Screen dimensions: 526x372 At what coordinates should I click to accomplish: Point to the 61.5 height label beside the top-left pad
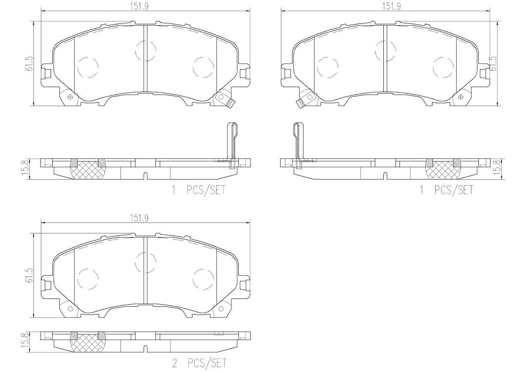pyautogui.click(x=30, y=63)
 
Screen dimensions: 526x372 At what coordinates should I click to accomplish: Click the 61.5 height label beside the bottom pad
pyautogui.click(x=30, y=275)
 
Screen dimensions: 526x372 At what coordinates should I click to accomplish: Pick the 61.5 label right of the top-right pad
pyautogui.click(x=493, y=63)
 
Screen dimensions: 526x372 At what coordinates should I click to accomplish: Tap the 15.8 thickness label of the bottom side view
pyautogui.click(x=30, y=342)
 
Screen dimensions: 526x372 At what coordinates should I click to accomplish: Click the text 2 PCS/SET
pyautogui.click(x=199, y=363)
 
